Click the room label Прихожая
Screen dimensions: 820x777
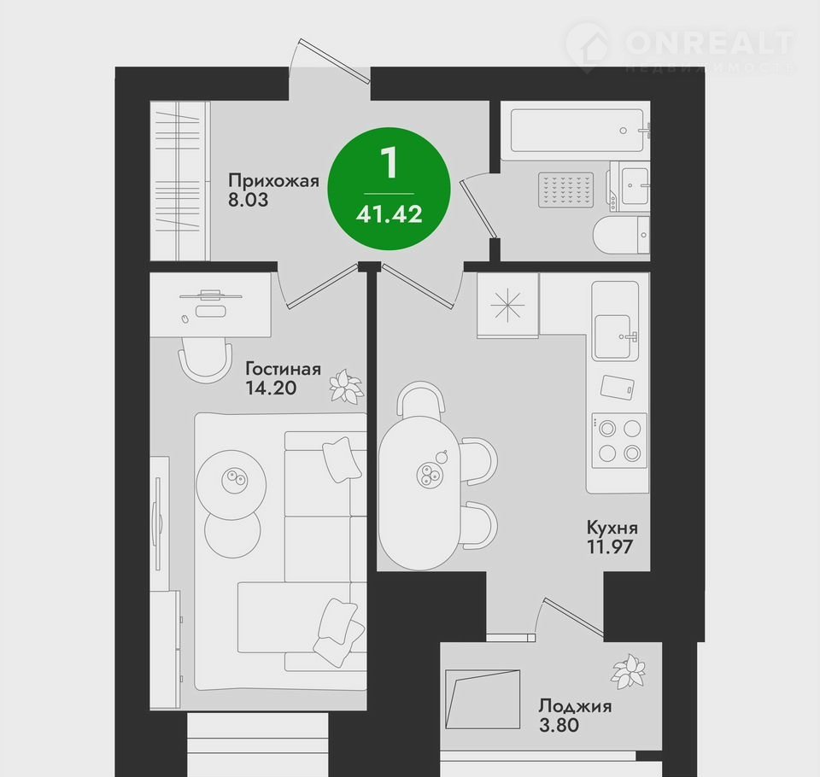[x=273, y=181]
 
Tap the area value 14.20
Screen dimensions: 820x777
[x=271, y=388]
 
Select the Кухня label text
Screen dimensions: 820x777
[x=612, y=528]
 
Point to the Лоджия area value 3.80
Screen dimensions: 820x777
[x=559, y=725]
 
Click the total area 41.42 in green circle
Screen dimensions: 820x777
[x=389, y=213]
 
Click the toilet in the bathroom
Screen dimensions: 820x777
[x=621, y=236]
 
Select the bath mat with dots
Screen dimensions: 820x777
[x=566, y=188]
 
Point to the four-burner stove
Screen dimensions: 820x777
[x=619, y=441]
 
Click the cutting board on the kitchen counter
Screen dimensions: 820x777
[x=617, y=388]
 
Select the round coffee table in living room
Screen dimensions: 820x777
[x=231, y=484]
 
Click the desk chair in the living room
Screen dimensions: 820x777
[x=205, y=358]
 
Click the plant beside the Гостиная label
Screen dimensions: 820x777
[x=346, y=387]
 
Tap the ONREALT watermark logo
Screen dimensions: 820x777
[x=680, y=47]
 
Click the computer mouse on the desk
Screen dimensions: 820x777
[x=184, y=318]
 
